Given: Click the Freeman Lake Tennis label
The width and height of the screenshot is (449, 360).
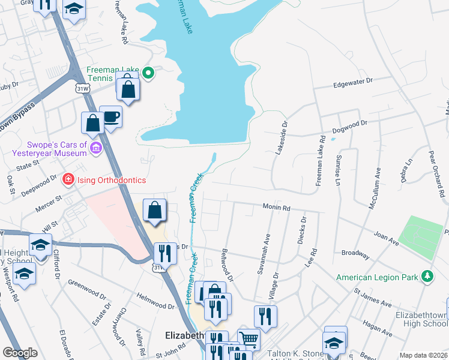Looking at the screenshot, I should click(112, 73).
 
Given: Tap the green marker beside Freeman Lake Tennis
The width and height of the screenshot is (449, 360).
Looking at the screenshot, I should click(149, 74).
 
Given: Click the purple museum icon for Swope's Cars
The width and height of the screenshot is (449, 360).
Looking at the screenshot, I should click(95, 148).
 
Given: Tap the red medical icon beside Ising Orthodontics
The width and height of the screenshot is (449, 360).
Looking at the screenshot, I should click(68, 179).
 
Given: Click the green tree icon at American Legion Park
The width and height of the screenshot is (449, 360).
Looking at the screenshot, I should click(427, 277).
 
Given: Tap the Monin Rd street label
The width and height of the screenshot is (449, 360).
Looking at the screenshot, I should click(276, 208).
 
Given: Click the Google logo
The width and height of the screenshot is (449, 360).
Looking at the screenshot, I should click(20, 353).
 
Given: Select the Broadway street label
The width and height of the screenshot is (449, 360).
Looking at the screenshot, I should click(355, 254).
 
